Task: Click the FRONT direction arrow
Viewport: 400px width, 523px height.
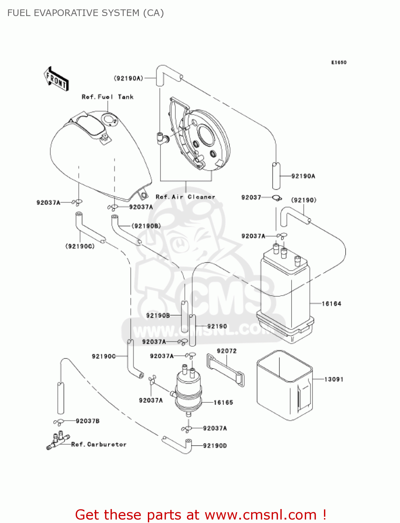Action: [56, 79]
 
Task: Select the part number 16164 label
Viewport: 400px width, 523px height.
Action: [331, 304]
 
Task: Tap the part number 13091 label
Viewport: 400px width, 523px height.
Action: [334, 379]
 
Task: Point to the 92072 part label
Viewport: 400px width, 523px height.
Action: [227, 351]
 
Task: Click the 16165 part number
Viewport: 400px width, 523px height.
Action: [223, 402]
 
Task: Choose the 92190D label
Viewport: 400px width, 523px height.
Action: [215, 446]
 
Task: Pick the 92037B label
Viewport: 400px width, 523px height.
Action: [88, 421]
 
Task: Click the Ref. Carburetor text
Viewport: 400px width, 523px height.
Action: [99, 445]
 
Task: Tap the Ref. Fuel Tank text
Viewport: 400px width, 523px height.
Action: [107, 97]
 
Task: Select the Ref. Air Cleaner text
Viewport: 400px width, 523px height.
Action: [185, 197]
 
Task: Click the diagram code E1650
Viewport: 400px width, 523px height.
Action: [339, 62]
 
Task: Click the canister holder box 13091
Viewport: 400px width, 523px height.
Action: [284, 385]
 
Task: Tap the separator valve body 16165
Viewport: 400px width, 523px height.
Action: [188, 391]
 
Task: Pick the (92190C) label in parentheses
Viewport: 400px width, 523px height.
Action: [80, 247]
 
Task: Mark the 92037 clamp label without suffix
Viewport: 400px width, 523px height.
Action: [251, 197]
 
